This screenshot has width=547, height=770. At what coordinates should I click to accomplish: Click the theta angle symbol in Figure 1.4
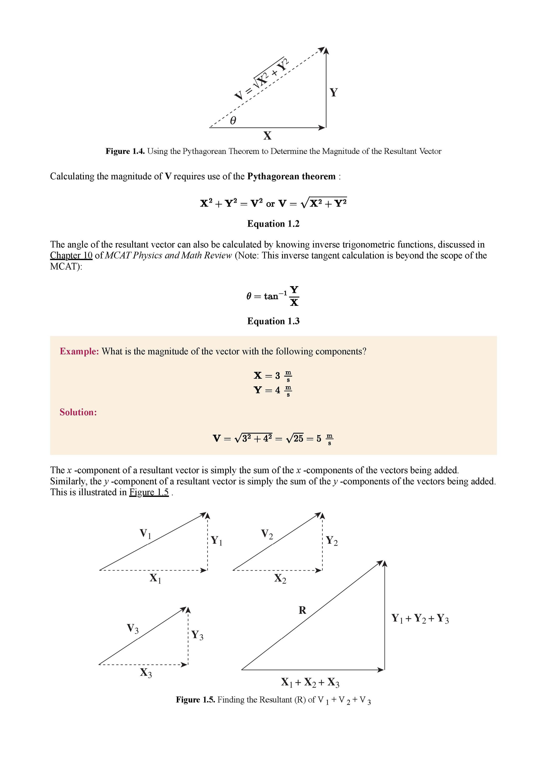coord(233,121)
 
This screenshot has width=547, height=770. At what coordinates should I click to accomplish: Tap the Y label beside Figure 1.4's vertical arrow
coord(333,92)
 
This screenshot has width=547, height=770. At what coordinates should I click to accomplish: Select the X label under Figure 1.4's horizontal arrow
coord(267,136)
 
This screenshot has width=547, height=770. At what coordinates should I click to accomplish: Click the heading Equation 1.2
coord(273,224)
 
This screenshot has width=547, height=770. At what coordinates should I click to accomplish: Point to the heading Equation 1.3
coord(273,321)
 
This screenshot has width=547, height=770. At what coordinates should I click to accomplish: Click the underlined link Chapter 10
coord(71,255)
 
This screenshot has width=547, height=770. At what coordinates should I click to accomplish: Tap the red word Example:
coord(79,351)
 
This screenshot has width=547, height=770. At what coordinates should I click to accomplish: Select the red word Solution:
coord(78,412)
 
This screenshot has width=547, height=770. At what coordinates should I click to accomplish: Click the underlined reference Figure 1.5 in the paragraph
coord(149,493)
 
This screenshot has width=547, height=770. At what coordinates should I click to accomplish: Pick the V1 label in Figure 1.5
coord(146,534)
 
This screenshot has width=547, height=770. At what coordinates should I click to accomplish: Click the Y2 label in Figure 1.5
coord(332,541)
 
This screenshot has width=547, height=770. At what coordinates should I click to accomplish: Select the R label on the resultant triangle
coord(302,610)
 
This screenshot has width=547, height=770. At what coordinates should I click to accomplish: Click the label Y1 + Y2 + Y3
coord(420,618)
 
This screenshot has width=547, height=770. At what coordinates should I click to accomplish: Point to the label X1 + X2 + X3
coord(310,683)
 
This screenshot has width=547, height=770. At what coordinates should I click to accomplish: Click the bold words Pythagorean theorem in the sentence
coord(291,176)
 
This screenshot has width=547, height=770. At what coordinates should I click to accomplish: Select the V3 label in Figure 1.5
coord(133,628)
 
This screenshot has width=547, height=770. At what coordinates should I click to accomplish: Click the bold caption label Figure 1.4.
coord(125,152)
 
